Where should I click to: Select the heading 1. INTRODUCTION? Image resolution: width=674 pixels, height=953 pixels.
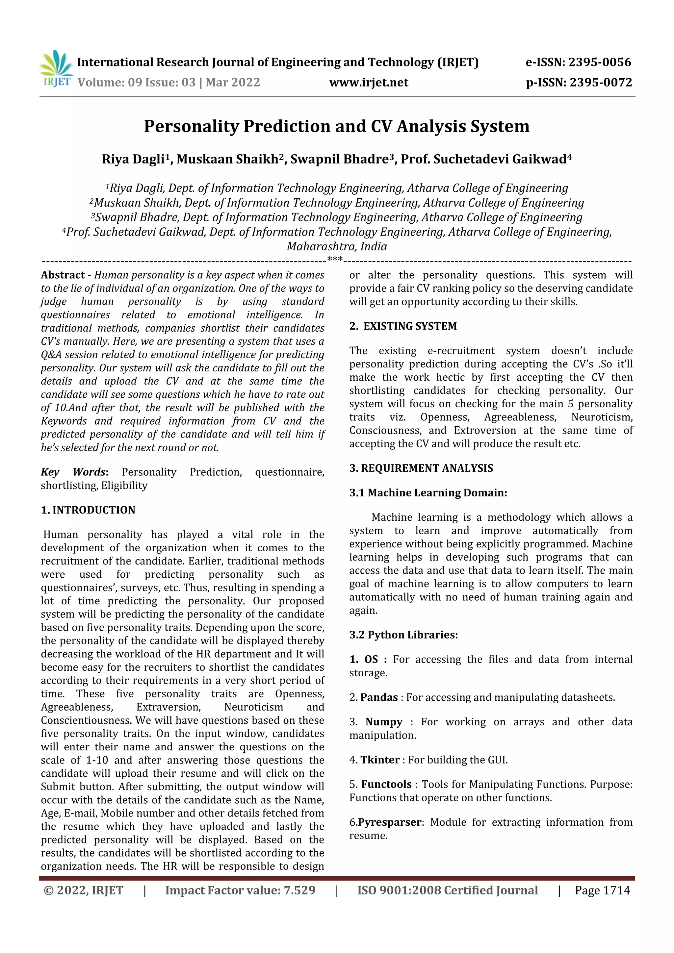[x=88, y=510]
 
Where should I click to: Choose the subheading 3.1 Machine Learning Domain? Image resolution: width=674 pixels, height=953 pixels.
[x=428, y=493]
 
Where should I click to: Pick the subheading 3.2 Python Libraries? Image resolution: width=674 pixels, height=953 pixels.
[x=403, y=635]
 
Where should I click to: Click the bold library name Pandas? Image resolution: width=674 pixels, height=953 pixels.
[x=379, y=697]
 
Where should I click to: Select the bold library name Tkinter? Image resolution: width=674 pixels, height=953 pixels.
[x=379, y=760]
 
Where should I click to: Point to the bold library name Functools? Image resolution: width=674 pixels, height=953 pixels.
[x=386, y=785]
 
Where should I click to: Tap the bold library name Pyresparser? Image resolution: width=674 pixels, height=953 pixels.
[x=389, y=822]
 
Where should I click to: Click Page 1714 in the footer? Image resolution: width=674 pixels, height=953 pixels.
[x=602, y=890]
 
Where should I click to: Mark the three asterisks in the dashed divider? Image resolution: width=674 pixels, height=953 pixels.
[x=335, y=260]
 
